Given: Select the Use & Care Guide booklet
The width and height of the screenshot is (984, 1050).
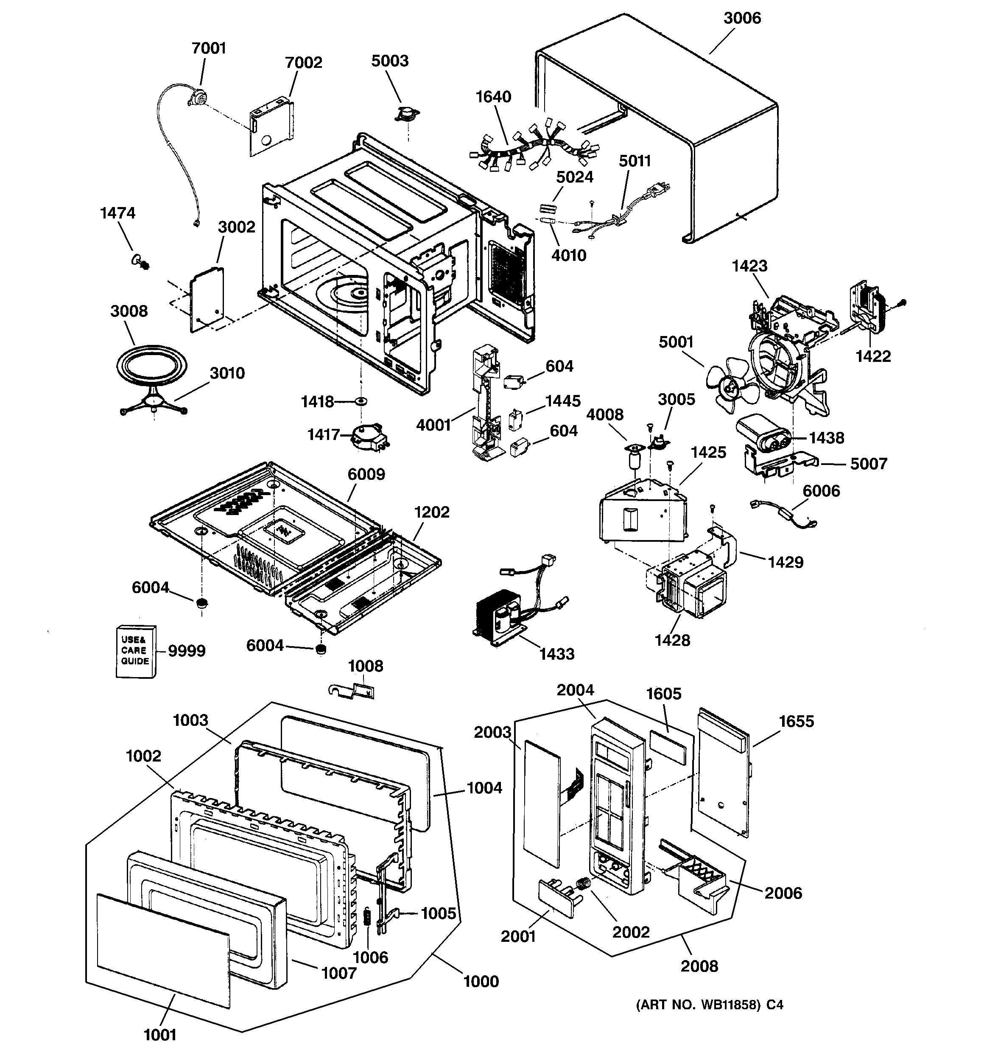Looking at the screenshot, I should click(136, 651).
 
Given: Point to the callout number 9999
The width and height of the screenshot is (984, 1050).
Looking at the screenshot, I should click(187, 651).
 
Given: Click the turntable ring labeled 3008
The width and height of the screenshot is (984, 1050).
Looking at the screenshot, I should click(151, 366).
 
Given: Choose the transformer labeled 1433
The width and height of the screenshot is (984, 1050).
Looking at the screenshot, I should click(499, 615).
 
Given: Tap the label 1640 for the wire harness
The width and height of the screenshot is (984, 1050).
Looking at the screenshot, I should click(493, 97).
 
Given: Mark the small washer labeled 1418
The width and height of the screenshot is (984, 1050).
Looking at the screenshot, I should click(362, 401).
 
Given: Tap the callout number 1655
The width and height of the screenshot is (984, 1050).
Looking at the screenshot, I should click(797, 722).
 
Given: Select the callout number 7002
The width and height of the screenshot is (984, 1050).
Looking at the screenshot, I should click(303, 63).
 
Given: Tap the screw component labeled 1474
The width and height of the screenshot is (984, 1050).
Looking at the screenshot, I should click(140, 261).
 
